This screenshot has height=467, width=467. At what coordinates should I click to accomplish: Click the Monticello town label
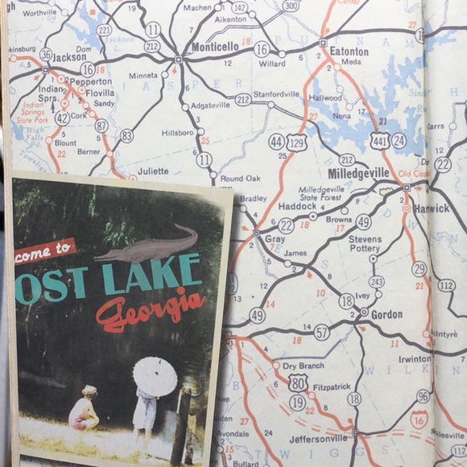[215, 48]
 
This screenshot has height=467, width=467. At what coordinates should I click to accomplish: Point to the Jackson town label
[69, 57]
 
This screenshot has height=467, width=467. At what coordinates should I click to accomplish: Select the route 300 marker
[291, 5]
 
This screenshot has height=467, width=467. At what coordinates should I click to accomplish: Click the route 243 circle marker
[376, 281]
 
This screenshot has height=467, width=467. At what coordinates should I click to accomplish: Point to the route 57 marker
[321, 332]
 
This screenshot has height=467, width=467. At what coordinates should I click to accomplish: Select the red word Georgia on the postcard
[151, 309]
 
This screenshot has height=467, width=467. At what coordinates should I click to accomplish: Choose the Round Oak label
[240, 179]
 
